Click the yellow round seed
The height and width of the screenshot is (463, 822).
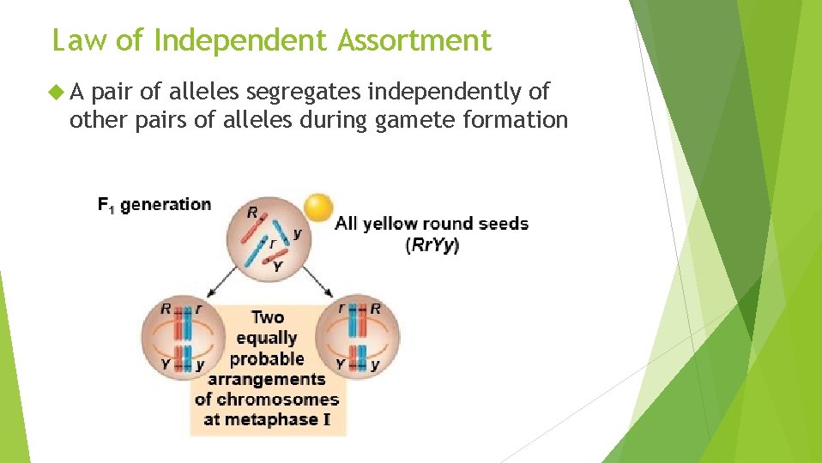(x=318, y=207)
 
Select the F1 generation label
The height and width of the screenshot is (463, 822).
(x=154, y=205)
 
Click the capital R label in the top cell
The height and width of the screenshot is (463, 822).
(x=252, y=212)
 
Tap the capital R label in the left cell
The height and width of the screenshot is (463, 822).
(x=165, y=308)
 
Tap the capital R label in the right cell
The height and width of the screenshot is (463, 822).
(x=375, y=308)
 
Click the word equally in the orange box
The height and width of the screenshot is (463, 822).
(x=266, y=338)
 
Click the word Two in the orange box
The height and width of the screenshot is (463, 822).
(x=267, y=317)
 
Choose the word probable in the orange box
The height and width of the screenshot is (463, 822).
(x=267, y=358)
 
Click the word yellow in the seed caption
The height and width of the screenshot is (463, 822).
(x=390, y=224)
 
